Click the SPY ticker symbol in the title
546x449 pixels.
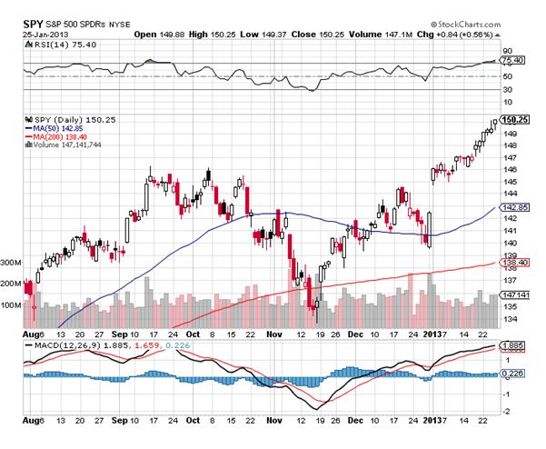click(x=30, y=9)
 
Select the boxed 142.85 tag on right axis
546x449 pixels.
click(x=513, y=208)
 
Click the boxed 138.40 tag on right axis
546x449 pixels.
click(x=513, y=262)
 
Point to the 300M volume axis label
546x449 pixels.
click(x=12, y=261)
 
